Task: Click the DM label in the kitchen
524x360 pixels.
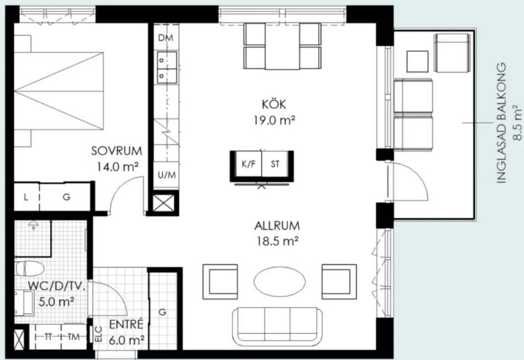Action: [165, 38]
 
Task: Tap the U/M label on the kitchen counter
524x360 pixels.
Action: [166, 175]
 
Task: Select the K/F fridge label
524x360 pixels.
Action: [248, 164]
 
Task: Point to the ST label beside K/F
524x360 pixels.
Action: [275, 164]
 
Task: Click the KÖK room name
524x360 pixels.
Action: [274, 104]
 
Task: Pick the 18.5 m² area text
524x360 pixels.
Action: [277, 241]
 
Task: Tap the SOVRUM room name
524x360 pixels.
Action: [117, 151]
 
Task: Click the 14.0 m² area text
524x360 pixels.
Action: [117, 166]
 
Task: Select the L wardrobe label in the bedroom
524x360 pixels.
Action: [26, 197]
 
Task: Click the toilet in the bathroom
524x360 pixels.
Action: [30, 269]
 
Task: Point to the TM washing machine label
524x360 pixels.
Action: [74, 337]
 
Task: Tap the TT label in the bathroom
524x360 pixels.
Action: [48, 337]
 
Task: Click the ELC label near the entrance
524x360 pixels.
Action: [99, 334]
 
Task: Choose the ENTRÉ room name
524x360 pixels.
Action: [126, 324]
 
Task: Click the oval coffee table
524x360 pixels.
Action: [279, 282]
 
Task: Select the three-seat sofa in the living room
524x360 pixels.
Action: [277, 327]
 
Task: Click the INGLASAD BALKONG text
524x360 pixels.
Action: [501, 123]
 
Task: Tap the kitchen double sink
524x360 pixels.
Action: [167, 68]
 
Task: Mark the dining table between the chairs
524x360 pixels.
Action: [283, 46]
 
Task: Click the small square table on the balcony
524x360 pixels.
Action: [417, 62]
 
